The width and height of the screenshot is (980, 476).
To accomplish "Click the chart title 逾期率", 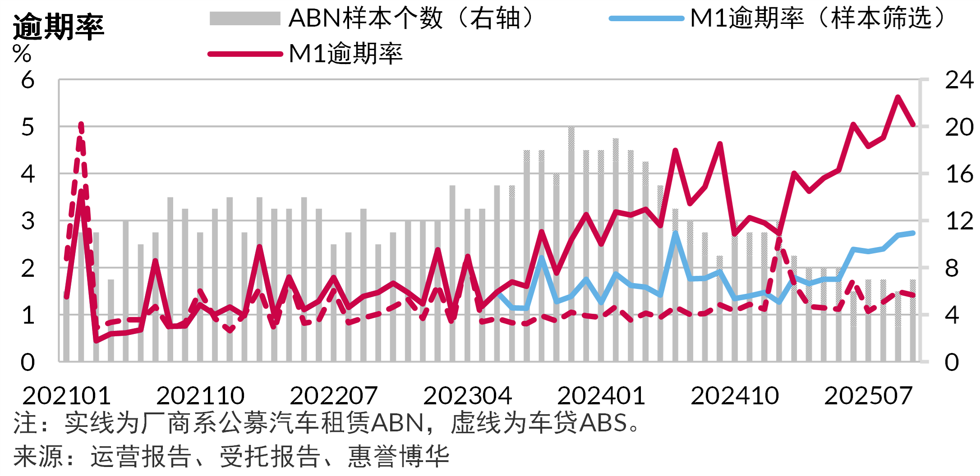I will tap(59, 27).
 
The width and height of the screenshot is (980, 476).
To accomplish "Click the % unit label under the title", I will tap(22, 54).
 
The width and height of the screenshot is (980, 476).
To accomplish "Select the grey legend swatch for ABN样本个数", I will tap(245, 18).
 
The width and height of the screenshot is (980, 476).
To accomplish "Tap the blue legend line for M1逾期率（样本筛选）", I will tap(646, 18).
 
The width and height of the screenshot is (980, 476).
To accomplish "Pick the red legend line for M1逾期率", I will tap(245, 54).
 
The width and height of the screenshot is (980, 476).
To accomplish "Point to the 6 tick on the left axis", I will tap(28, 80).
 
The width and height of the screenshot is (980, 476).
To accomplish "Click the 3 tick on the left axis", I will tap(28, 221).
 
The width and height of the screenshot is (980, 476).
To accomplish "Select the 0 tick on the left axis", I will tap(28, 362).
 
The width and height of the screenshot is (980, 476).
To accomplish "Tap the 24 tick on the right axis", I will tap(959, 80).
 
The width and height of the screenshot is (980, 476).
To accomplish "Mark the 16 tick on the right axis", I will tap(959, 174).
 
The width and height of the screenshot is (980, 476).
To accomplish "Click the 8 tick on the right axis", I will tap(952, 269).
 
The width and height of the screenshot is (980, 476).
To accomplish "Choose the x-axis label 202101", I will tap(66, 396).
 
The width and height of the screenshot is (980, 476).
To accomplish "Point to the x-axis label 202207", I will tap(334, 396).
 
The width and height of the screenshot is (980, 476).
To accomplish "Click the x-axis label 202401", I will tap(601, 396).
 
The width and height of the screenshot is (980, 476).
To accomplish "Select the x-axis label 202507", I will tap(868, 396).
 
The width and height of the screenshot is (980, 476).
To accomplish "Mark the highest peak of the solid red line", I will tap(898, 97).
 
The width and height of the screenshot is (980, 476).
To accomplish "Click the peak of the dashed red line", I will tap(81, 123).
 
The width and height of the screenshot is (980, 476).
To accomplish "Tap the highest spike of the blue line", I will tap(675, 233).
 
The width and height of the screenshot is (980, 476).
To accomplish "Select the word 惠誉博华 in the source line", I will tap(399, 456).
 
